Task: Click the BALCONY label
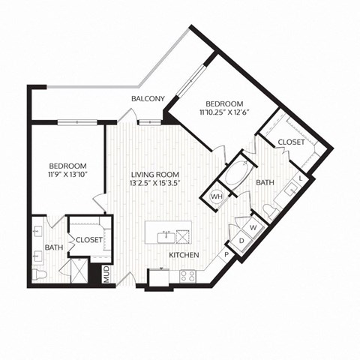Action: pos(148,99)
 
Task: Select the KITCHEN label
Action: pos(183,256)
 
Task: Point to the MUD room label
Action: pos(106,273)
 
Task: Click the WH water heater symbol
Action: pos(217,196)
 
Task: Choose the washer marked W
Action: pos(253,227)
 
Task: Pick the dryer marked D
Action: pos(241,240)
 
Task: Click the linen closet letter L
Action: pos(301,178)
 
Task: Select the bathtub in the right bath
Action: pos(238,172)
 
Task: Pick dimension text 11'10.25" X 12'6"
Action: pos(223,113)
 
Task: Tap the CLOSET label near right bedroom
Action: pos(290,142)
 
